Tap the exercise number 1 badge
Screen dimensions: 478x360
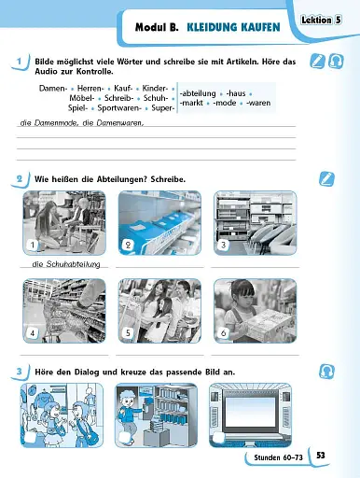pyautogui.click(x=21, y=62)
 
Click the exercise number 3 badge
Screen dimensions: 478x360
pyautogui.click(x=21, y=373)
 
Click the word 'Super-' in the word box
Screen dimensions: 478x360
pyautogui.click(x=161, y=108)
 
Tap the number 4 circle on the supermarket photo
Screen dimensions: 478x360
pyautogui.click(x=32, y=333)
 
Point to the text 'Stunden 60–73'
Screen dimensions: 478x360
pyautogui.click(x=281, y=457)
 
